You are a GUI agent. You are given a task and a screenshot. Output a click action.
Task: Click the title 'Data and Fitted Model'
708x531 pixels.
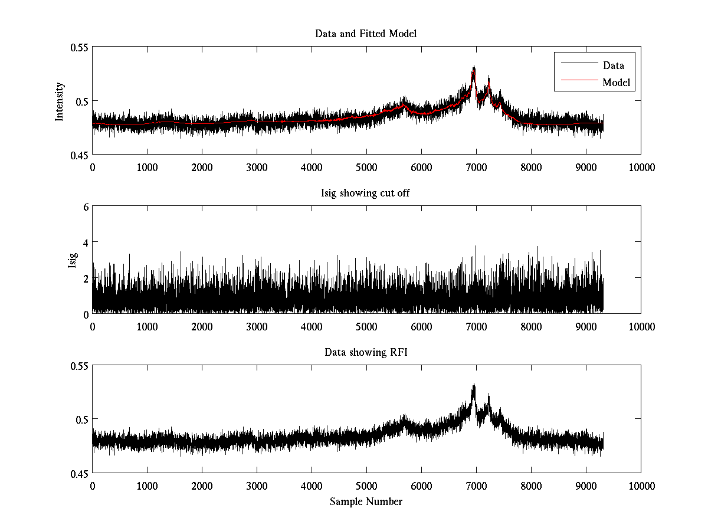click(366, 34)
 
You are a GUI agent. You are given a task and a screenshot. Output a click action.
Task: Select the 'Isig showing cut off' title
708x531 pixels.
click(366, 193)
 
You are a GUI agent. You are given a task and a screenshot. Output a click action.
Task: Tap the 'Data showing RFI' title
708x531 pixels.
click(366, 352)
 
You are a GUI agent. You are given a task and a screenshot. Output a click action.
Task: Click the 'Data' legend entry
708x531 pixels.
click(613, 65)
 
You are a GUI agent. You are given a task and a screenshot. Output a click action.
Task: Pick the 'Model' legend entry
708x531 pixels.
click(616, 82)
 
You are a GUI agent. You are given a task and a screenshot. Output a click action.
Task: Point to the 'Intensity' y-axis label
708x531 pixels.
click(59, 101)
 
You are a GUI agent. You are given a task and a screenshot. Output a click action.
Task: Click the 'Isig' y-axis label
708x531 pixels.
click(72, 260)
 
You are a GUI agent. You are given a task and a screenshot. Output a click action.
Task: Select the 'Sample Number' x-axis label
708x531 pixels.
click(366, 501)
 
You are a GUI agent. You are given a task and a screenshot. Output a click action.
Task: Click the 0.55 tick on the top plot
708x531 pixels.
click(77, 47)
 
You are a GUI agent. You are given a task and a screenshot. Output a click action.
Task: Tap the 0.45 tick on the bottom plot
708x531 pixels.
click(77, 473)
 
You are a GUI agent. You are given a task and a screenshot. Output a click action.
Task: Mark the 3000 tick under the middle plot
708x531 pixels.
click(257, 326)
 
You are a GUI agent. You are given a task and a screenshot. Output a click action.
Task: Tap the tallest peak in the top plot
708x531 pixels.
click(473, 67)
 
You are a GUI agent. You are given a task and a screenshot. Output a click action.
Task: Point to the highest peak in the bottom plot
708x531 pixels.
click(473, 385)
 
